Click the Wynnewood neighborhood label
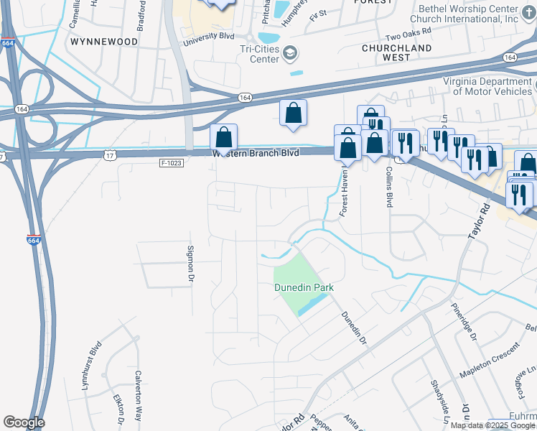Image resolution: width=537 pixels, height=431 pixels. pyautogui.click(x=104, y=42)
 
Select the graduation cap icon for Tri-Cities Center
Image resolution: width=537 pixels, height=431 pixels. pyautogui.click(x=289, y=52)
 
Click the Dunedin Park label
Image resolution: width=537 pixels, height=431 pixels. pyautogui.click(x=304, y=287)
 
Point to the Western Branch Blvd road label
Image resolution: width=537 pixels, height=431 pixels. pyautogui.click(x=265, y=153)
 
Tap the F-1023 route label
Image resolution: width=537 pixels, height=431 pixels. pyautogui.click(x=173, y=163)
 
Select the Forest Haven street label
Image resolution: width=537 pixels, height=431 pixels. pyautogui.click(x=343, y=196)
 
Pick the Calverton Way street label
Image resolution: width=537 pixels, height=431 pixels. pyautogui.click(x=139, y=395)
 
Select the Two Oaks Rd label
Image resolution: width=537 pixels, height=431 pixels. pyautogui.click(x=408, y=32)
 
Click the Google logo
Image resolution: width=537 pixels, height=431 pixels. pyautogui.click(x=24, y=422)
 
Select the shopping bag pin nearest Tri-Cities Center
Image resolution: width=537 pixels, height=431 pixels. pyautogui.click(x=293, y=113)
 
